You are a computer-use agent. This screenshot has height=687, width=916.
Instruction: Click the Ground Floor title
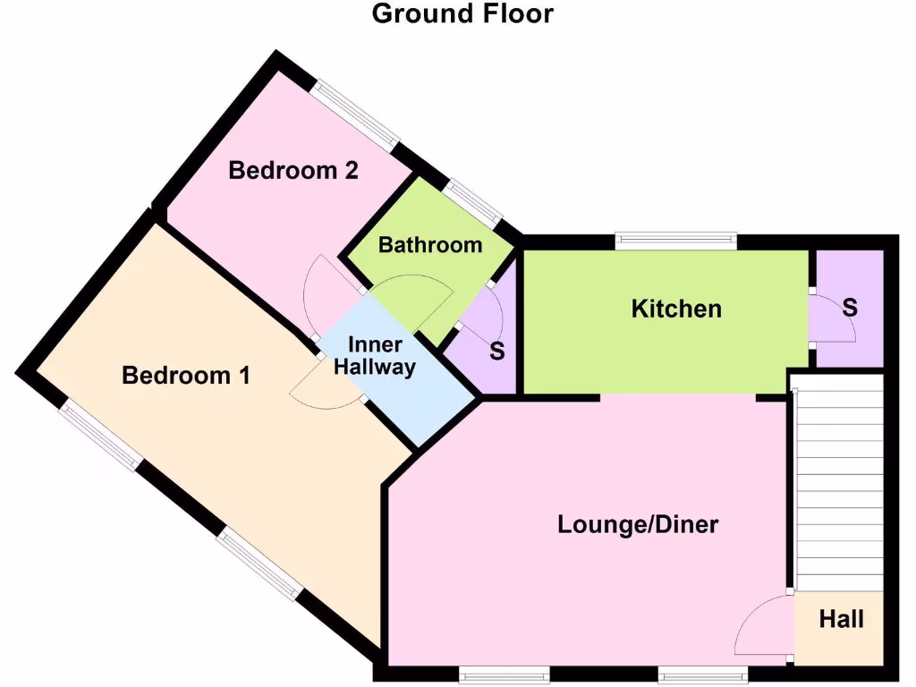[x=462, y=14]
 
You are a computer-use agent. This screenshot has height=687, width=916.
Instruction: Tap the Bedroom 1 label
[x=186, y=376]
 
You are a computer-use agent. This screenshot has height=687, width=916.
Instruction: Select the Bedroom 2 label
[x=293, y=170]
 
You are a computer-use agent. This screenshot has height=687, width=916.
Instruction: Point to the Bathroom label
[x=430, y=244]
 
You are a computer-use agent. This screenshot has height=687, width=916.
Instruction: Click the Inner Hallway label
[x=375, y=356]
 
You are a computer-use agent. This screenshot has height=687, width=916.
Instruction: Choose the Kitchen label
[x=676, y=310]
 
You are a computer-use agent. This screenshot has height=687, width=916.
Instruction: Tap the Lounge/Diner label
[x=638, y=524]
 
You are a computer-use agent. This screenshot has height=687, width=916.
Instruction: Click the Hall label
[x=841, y=618]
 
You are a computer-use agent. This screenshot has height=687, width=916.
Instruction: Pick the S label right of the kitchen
[x=850, y=308]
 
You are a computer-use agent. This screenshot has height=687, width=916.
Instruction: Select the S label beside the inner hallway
[x=497, y=352]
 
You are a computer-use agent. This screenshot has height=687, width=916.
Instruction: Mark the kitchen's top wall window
[x=675, y=240]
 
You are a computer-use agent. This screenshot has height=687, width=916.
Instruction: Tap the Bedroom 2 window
[x=356, y=117]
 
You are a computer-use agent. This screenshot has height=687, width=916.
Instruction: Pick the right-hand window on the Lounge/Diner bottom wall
[x=702, y=672]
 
